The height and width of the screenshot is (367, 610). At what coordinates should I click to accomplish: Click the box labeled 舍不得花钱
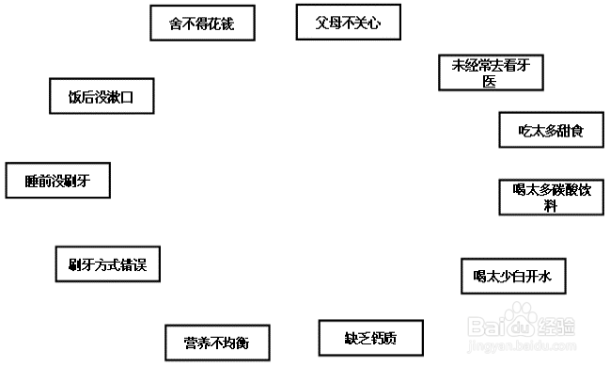pyautogui.click(x=203, y=24)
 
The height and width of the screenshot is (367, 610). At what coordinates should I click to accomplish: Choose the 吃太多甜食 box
pyautogui.click(x=551, y=130)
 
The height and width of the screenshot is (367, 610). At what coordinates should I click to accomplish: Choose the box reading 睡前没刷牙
pyautogui.click(x=57, y=180)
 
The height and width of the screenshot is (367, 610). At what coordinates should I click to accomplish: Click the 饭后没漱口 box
pyautogui.click(x=100, y=97)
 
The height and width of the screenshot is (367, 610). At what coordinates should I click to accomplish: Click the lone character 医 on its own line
pyautogui.click(x=489, y=82)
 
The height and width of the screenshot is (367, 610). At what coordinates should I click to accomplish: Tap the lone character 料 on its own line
pyautogui.click(x=551, y=206)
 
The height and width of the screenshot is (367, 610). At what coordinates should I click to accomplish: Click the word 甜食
pyautogui.click(x=569, y=131)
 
